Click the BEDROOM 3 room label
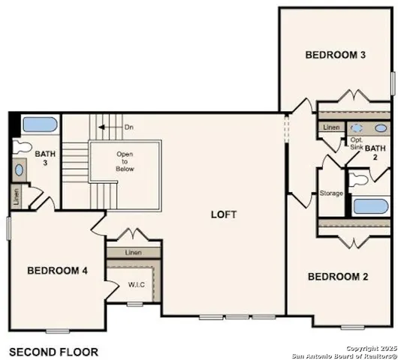pyautogui.click(x=335, y=55)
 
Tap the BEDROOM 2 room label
pyautogui.click(x=338, y=277)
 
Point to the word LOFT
pyautogui.click(x=224, y=214)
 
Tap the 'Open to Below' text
pyautogui.click(x=125, y=161)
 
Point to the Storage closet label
pyautogui.click(x=331, y=193)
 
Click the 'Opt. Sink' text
pyautogui.click(x=357, y=144)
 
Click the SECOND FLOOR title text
pyautogui.click(x=53, y=350)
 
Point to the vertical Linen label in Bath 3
pyautogui.click(x=17, y=197)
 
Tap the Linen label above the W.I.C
pyautogui.click(x=133, y=253)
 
